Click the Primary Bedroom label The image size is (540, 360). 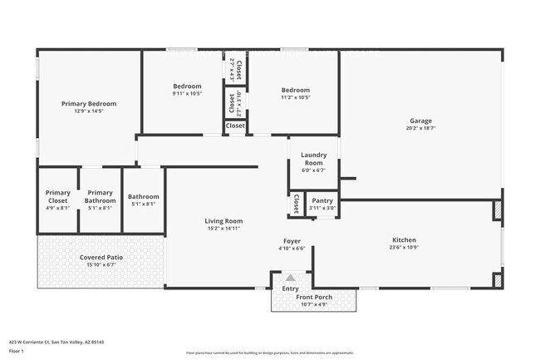[88, 103]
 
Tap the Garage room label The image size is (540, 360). [420, 121]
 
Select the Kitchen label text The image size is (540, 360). [405, 240]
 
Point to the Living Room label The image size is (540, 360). [223, 220]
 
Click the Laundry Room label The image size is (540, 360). [313, 158]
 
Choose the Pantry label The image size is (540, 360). [323, 200]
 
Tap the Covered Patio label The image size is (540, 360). [101, 258]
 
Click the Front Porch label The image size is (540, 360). [314, 297]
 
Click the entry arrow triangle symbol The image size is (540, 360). [291, 278]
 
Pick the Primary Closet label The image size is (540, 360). [58, 196]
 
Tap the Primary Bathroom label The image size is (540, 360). [100, 196]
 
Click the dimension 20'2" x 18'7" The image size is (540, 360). [420, 128]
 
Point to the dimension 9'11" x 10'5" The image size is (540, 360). [187, 94]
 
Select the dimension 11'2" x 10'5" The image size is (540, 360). [295, 97]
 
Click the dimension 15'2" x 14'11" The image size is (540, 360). [223, 228]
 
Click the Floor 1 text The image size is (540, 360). [16, 352]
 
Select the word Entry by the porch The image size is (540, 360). [291, 288]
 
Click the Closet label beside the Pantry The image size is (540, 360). [296, 204]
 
